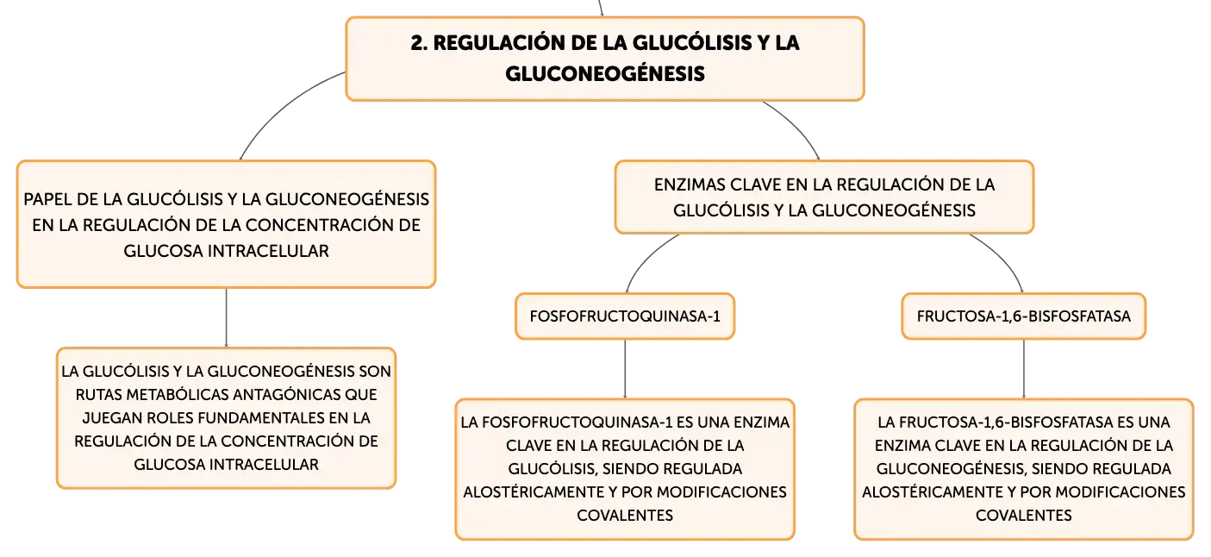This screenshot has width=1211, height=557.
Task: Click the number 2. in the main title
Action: [418, 43]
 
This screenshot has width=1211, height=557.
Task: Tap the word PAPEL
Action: [47, 199]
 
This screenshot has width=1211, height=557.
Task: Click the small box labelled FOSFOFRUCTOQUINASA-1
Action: [625, 316]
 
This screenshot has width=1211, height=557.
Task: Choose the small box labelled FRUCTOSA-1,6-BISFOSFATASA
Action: [1023, 316]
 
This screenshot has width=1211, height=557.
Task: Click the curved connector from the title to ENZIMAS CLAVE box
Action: [796, 126]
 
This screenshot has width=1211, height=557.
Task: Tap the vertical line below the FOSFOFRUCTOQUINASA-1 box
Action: [625, 369]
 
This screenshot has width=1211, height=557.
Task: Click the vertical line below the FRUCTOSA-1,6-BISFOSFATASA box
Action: [1023, 369]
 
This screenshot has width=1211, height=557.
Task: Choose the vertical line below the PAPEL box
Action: [226, 318]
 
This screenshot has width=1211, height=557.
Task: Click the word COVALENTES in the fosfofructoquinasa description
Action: [625, 516]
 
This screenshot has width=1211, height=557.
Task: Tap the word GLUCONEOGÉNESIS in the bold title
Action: [605, 73]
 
